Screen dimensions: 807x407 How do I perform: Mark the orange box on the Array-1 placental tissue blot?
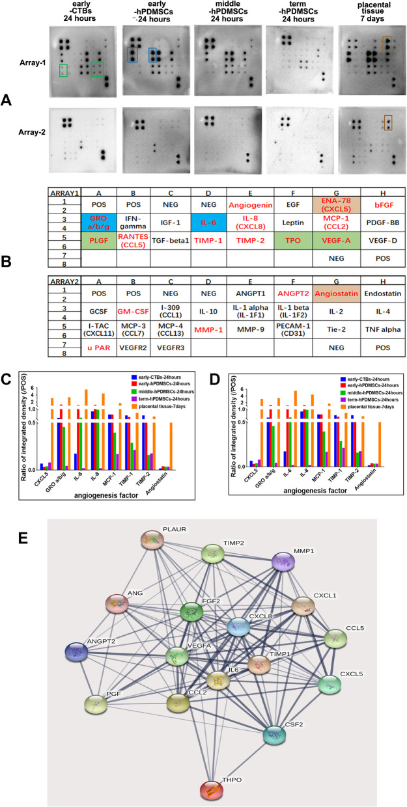[387, 45]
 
